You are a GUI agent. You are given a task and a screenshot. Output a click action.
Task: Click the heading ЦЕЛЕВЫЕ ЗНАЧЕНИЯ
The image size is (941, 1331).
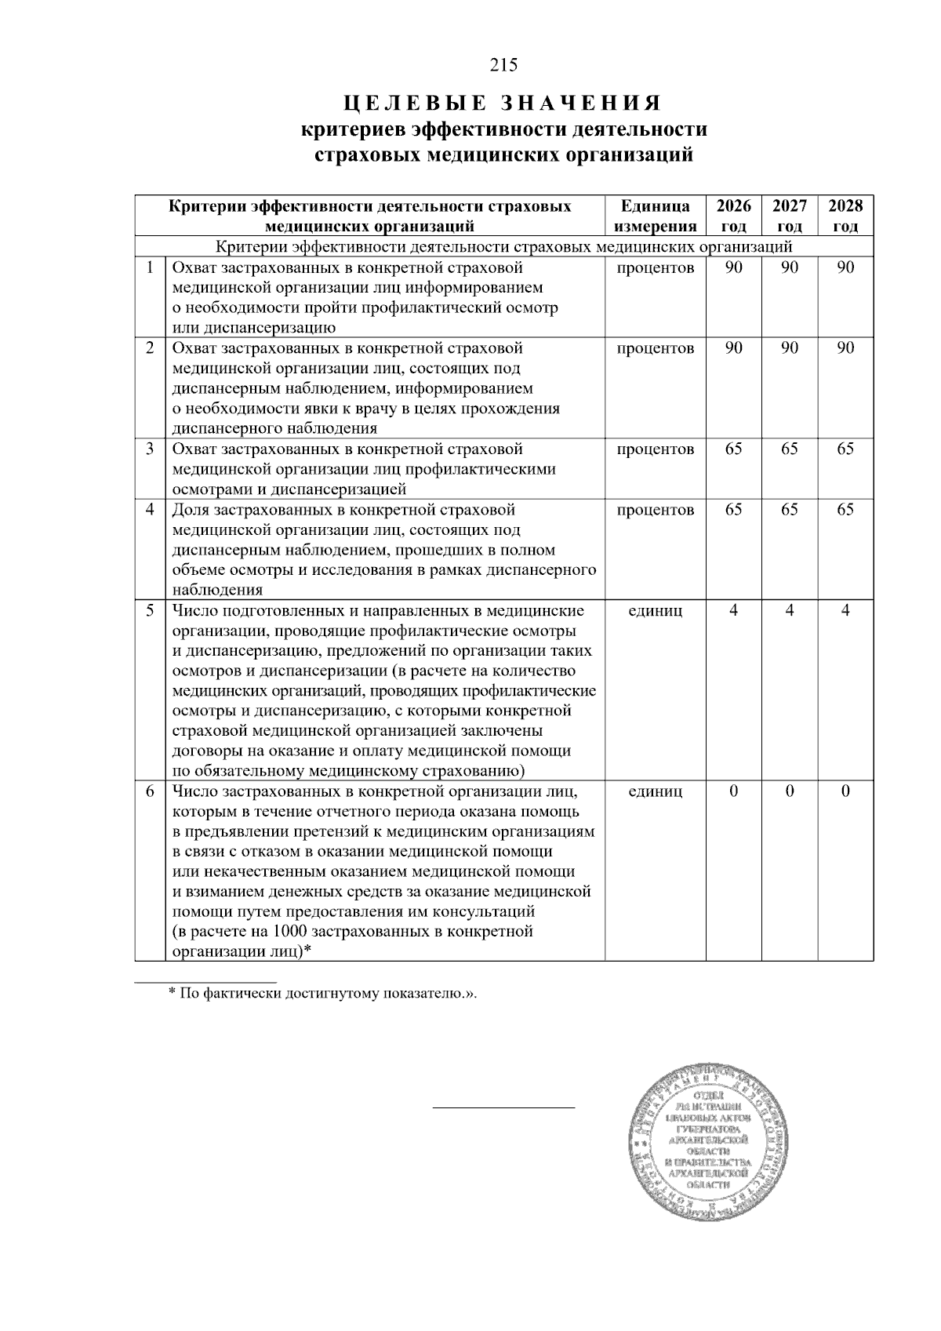[x=503, y=104]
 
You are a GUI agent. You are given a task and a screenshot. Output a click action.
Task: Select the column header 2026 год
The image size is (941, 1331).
[x=733, y=216]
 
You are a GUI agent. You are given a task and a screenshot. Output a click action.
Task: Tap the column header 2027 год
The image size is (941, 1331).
[x=789, y=216]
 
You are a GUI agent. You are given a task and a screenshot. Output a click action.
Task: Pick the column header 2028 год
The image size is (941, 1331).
[x=845, y=216]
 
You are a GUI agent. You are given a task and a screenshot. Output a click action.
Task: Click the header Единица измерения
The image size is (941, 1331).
[x=655, y=216]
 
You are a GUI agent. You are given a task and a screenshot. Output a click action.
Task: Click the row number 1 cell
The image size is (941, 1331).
[x=149, y=267]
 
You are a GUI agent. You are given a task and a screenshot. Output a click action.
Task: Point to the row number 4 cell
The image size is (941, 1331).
[x=149, y=510]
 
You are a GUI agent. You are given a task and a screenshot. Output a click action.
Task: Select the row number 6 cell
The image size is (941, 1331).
[x=149, y=791]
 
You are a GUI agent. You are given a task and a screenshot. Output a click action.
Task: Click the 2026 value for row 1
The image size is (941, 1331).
[x=733, y=267]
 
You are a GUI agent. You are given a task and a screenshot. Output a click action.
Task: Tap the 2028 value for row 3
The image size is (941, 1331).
[x=845, y=449]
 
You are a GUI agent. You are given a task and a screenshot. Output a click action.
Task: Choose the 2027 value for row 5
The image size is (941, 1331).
[x=789, y=610]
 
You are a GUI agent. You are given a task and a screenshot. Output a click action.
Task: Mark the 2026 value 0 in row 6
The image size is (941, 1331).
[x=733, y=791]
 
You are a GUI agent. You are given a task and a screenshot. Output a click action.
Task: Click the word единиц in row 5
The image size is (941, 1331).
[x=655, y=610]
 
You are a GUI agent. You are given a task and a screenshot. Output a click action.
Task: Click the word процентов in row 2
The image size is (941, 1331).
[x=655, y=348]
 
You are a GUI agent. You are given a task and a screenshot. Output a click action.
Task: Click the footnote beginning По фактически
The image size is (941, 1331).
[x=322, y=994]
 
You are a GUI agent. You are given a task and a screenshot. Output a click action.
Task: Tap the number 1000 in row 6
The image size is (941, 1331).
[x=289, y=932]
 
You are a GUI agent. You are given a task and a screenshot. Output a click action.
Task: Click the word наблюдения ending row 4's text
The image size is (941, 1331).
[x=217, y=590]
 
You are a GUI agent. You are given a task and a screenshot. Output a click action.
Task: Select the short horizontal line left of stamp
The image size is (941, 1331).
[x=503, y=1107]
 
